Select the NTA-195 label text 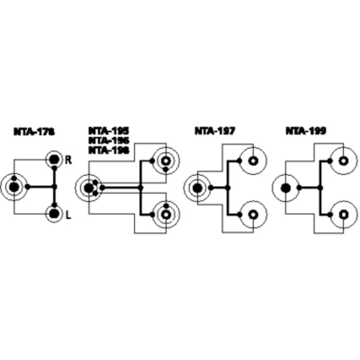pyautogui.click(x=108, y=131)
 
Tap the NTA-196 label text pyautogui.click(x=108, y=140)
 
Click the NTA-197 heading pyautogui.click(x=215, y=131)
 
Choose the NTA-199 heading pyautogui.click(x=306, y=131)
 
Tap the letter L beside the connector pyautogui.click(x=68, y=216)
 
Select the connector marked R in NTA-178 pyautogui.click(x=54, y=159)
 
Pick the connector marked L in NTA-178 pyautogui.click(x=54, y=213)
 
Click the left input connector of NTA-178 pyautogui.click(x=14, y=186)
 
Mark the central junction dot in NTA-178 pyautogui.click(x=54, y=186)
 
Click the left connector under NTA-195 pyautogui.click(x=89, y=187)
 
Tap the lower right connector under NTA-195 pyautogui.click(x=165, y=214)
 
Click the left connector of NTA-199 pyautogui.click(x=286, y=187)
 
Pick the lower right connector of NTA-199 pyautogui.click(x=343, y=214)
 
